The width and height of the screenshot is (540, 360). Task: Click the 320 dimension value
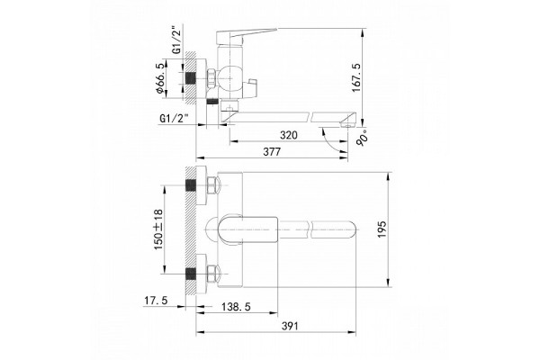[x=288, y=135]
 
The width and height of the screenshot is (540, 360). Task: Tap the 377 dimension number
[x=272, y=151]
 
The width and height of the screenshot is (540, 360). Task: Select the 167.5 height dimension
[x=355, y=77]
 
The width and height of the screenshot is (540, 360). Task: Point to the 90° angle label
[x=363, y=139]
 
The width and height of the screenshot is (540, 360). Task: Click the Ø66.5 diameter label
[x=159, y=78]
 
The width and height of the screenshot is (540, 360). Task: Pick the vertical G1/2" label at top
[x=176, y=40]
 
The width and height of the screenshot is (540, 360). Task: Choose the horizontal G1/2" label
[x=174, y=118]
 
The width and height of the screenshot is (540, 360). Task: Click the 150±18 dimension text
[x=158, y=229]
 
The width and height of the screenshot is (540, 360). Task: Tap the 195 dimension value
[x=382, y=229]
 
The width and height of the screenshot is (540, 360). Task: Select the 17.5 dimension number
[x=156, y=301]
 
